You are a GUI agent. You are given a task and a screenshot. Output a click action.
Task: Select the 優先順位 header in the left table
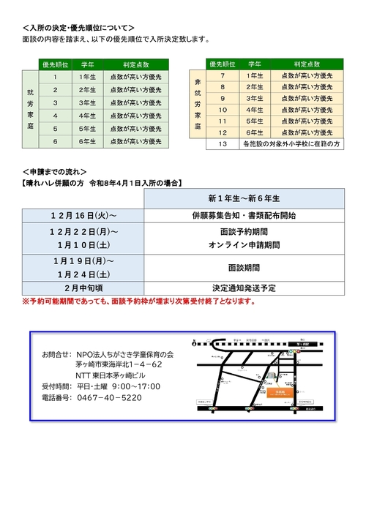(55, 64)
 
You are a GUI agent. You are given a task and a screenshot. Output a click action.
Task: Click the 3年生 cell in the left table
(86, 103)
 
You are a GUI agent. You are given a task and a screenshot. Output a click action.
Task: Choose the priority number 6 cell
(55, 141)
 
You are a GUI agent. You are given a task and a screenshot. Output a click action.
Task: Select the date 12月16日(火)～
(83, 217)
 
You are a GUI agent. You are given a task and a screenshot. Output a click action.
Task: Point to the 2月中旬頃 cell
(83, 288)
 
